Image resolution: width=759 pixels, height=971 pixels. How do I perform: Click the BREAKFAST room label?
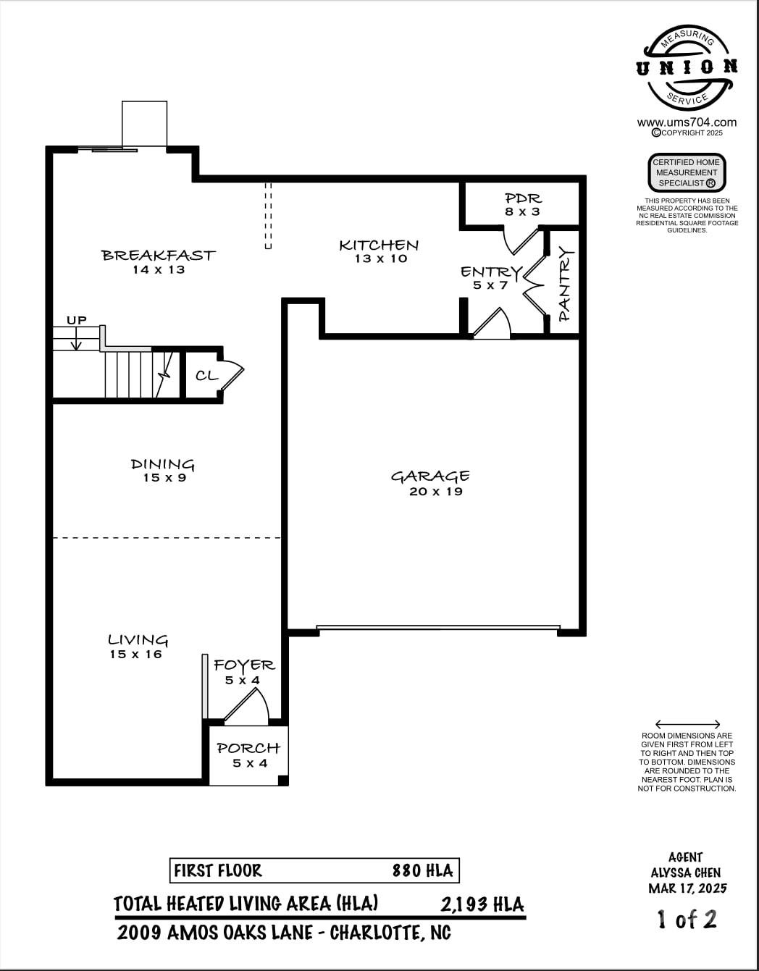pyautogui.click(x=158, y=255)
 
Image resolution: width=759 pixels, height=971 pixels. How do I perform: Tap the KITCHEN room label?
pyautogui.click(x=379, y=245)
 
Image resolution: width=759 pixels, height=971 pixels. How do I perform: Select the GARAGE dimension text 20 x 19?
pyautogui.click(x=435, y=492)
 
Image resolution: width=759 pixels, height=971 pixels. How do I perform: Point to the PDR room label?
pyautogui.click(x=523, y=198)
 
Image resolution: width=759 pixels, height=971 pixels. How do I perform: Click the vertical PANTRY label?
pyautogui.click(x=565, y=284)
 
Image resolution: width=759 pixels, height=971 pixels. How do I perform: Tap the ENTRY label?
pyautogui.click(x=490, y=272)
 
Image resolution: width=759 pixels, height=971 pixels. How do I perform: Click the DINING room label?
pyautogui.click(x=163, y=464)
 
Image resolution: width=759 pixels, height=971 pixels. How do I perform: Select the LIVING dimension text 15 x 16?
pyautogui.click(x=135, y=655)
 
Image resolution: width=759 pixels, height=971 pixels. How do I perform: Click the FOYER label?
pyautogui.click(x=244, y=665)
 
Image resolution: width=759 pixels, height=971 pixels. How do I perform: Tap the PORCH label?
pyautogui.click(x=248, y=748)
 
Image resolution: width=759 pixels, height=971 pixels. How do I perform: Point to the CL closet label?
pyautogui.click(x=206, y=376)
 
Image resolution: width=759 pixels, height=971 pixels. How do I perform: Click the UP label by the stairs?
pyautogui.click(x=77, y=320)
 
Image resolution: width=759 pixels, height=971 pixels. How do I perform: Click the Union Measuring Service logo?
pyautogui.click(x=687, y=67)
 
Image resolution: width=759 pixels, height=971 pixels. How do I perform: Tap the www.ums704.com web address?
pyautogui.click(x=687, y=122)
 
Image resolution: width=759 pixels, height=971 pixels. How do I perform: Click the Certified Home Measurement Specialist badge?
pyautogui.click(x=686, y=172)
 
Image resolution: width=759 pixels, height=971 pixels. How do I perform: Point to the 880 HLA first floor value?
pyautogui.click(x=422, y=870)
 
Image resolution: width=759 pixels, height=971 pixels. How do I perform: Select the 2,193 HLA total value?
pyautogui.click(x=482, y=904)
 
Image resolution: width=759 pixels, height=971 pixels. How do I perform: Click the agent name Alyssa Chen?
pyautogui.click(x=686, y=873)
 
